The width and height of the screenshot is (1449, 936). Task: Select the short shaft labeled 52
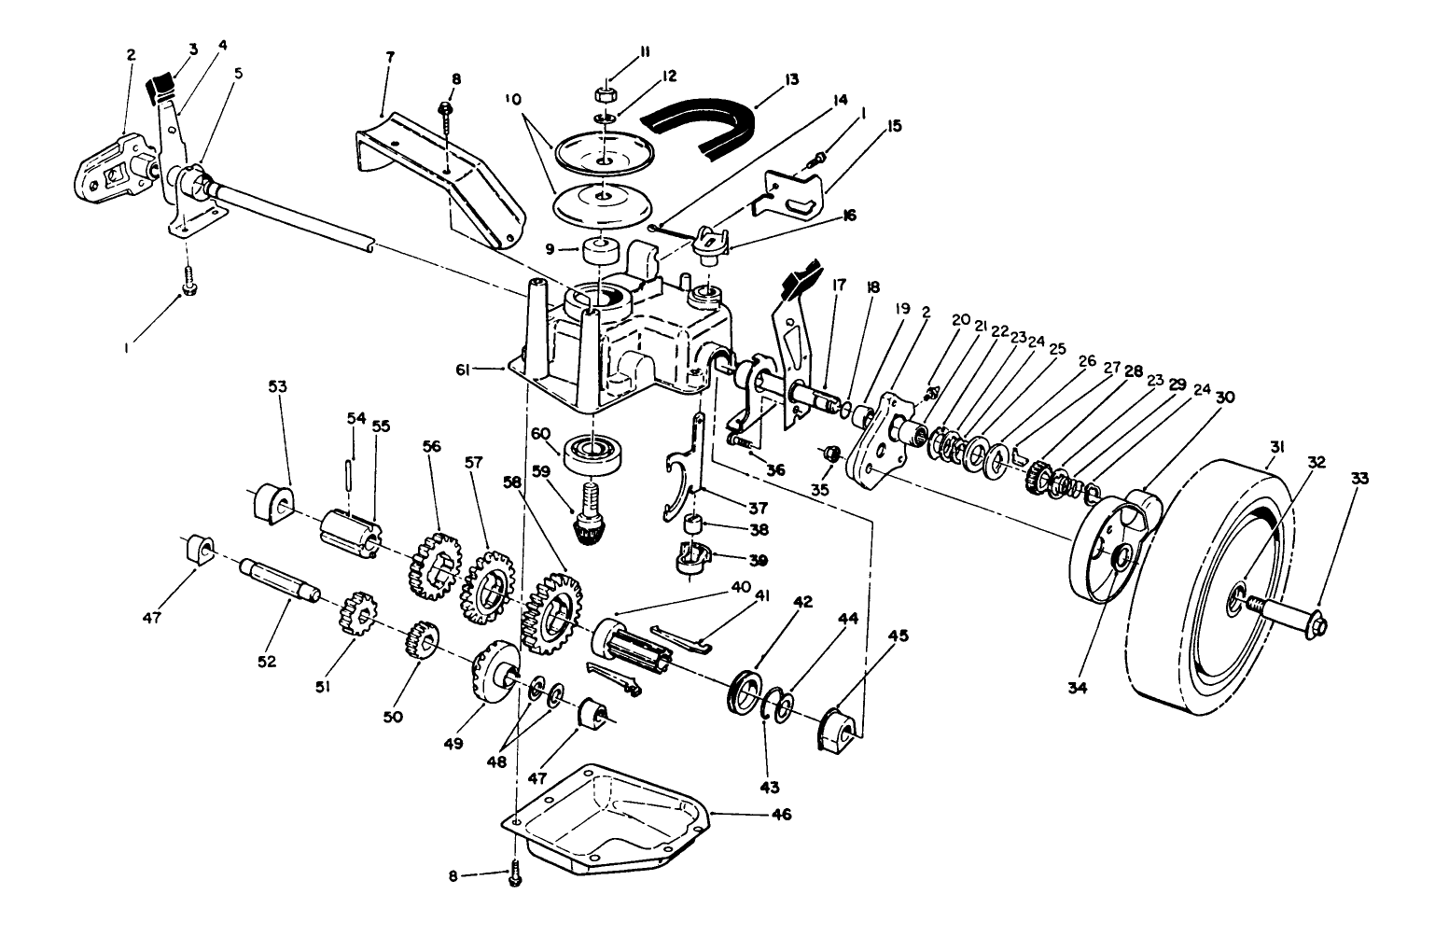tap(280, 579)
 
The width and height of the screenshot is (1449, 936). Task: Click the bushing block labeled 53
tap(271, 504)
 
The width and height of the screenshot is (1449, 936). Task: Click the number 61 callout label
tap(485, 370)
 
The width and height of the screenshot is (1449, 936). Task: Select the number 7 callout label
tap(389, 57)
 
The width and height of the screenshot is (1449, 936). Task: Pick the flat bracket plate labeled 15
tap(793, 190)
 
